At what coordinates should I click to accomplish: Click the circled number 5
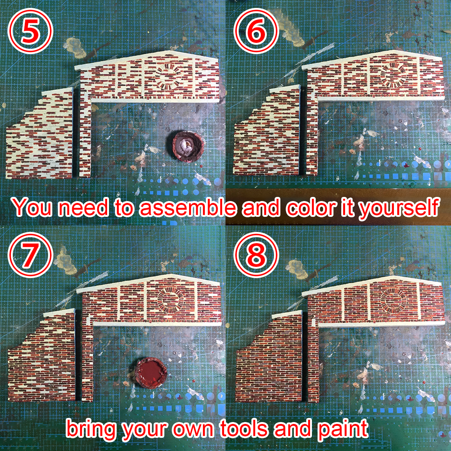[x=30, y=31]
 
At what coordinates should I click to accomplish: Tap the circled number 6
[x=256, y=31]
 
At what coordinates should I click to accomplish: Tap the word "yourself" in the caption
[x=398, y=208]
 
